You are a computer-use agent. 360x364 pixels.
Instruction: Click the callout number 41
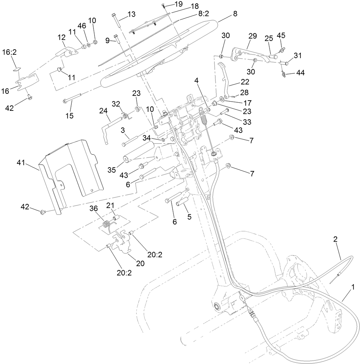point(21,164)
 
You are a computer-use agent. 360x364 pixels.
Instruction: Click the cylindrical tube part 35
point(139,153)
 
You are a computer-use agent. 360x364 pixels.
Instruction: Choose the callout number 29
point(252,36)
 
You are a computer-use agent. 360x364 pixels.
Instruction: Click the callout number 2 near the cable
point(335,239)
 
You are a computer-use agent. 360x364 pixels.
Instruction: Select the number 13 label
point(131,14)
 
